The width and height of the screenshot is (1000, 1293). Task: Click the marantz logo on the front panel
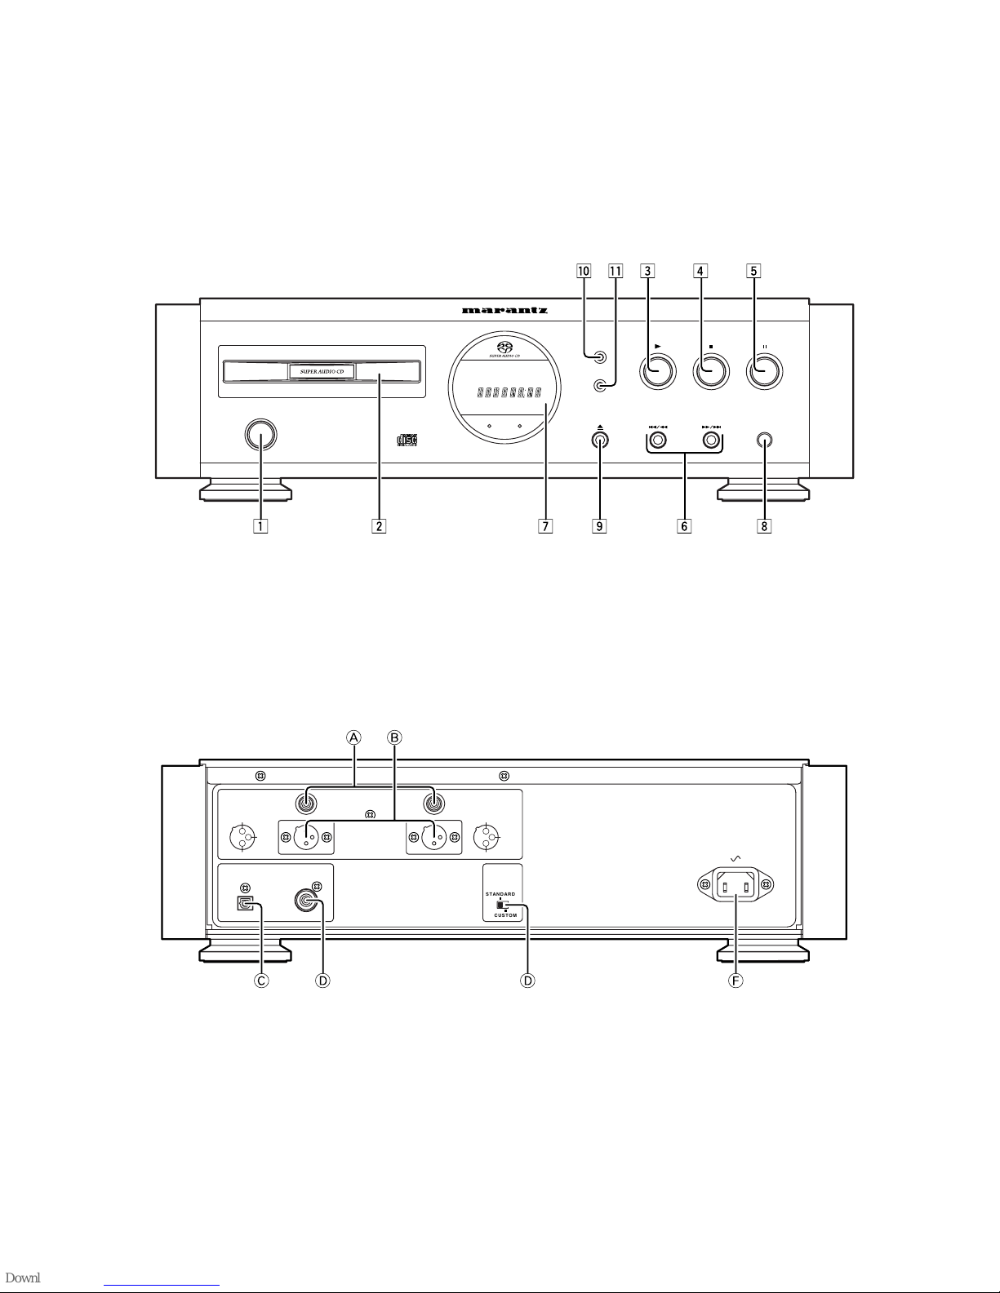click(x=504, y=310)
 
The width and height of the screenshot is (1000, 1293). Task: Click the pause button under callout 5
click(x=766, y=372)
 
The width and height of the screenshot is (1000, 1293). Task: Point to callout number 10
click(x=584, y=271)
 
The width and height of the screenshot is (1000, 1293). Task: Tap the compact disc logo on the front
click(x=407, y=441)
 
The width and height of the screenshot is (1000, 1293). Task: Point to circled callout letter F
click(x=736, y=981)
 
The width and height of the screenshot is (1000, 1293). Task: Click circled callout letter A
click(x=353, y=737)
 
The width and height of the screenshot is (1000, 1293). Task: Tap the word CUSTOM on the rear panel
click(x=504, y=915)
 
